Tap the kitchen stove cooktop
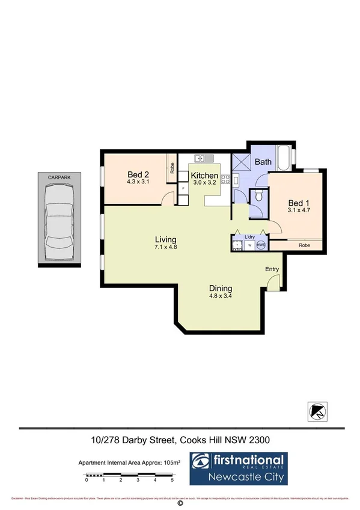226,179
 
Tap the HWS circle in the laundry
260,245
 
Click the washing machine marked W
248,245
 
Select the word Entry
272,269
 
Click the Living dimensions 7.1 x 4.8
166,247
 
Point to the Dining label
221,287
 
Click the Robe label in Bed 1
305,245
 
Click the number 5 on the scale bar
172,480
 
